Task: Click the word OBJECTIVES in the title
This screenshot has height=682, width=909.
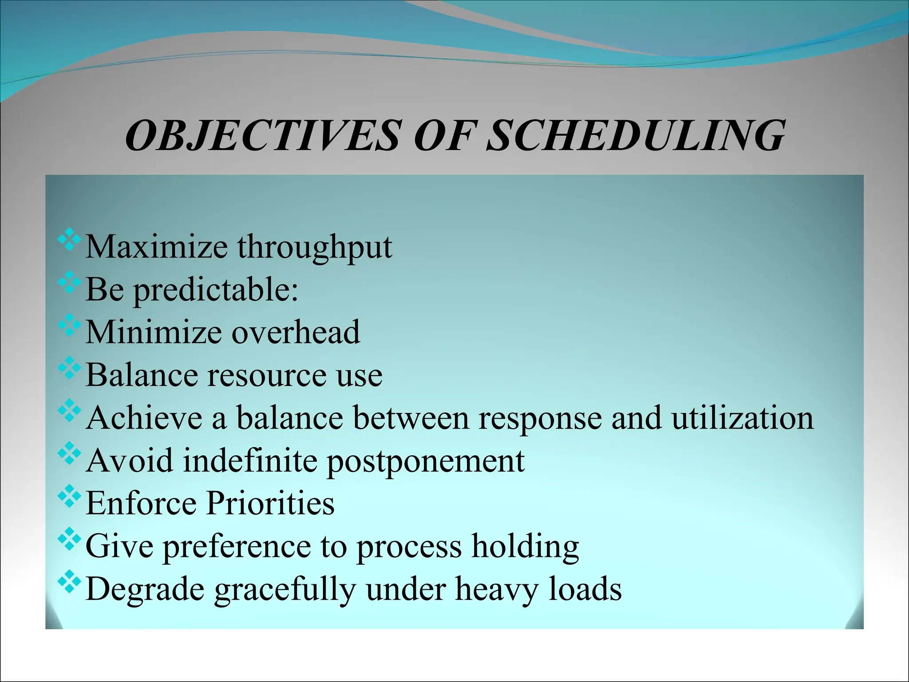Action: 262,135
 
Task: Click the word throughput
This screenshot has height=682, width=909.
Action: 314,247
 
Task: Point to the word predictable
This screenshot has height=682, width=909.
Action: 216,289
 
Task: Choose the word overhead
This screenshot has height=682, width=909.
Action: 296,332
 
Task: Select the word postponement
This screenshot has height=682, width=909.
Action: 425,461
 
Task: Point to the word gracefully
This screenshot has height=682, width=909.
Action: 285,589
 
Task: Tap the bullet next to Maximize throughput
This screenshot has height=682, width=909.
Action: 69,240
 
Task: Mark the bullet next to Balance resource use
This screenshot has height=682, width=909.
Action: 69,368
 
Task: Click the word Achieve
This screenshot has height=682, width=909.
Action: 144,418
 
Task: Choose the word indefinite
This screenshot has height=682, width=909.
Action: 250,461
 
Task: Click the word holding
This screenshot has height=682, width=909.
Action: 525,546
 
